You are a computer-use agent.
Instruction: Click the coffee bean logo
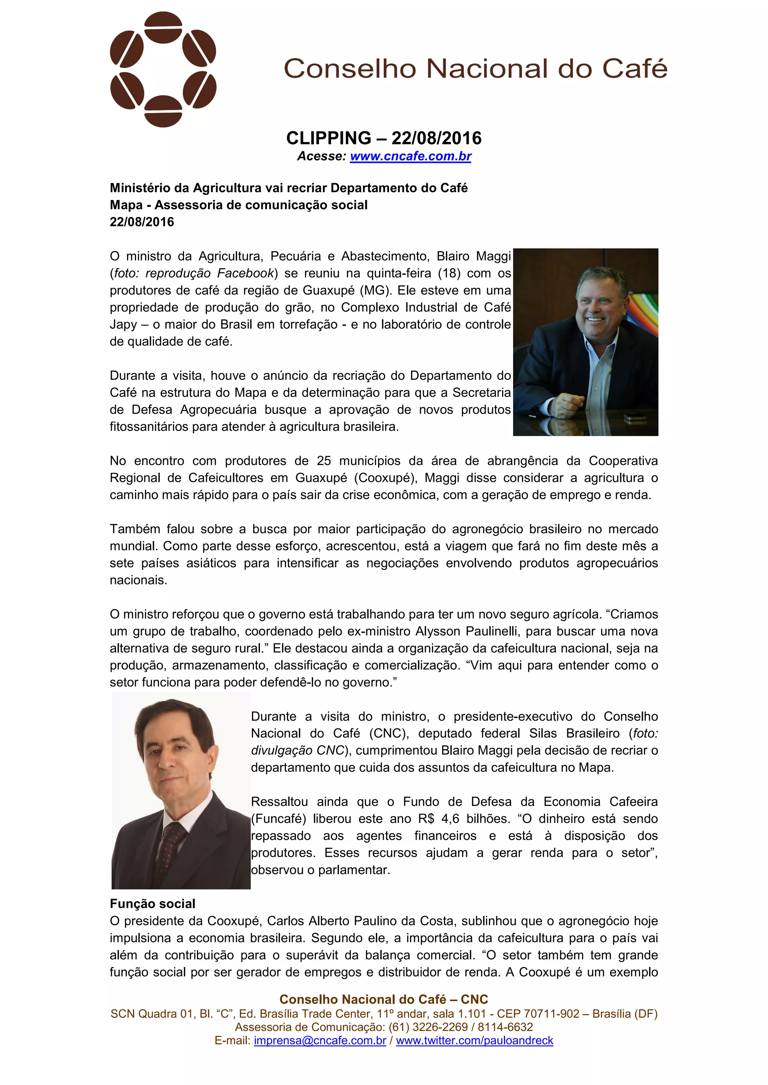coord(163,69)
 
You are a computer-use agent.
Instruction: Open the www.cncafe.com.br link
coord(411,156)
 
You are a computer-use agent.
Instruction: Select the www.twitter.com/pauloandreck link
coord(474,1040)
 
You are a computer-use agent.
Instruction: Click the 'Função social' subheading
coord(152,904)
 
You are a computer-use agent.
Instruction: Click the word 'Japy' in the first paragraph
coord(123,325)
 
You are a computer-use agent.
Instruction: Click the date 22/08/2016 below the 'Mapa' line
coord(142,222)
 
